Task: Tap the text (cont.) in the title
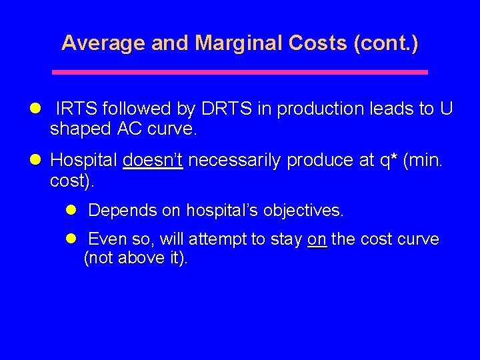(387, 43)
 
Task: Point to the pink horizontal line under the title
(239, 72)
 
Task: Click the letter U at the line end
(446, 109)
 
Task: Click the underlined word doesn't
(153, 161)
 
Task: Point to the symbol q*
(389, 161)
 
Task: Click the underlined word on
(317, 239)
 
